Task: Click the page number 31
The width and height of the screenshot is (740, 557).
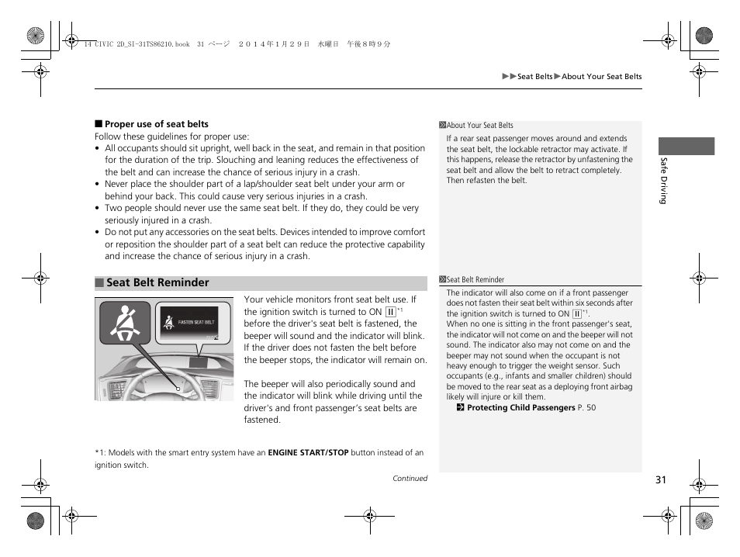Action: coord(660,479)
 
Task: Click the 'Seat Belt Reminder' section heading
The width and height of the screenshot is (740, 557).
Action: coord(157,283)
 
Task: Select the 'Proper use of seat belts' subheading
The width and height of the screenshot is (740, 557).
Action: coord(156,124)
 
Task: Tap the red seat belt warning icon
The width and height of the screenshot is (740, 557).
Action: coord(124,323)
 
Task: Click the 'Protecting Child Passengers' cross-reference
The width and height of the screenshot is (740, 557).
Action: coord(520,407)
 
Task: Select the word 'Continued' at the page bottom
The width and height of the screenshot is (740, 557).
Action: coord(410,479)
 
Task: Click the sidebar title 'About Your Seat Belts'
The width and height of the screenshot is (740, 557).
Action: coord(479,126)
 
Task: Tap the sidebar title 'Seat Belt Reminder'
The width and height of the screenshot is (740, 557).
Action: coord(475,280)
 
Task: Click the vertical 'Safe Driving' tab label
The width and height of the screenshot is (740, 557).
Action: coord(663,180)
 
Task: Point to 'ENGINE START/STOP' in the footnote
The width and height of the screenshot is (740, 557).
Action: coord(308,453)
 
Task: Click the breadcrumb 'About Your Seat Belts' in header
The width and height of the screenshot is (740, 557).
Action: coord(601,77)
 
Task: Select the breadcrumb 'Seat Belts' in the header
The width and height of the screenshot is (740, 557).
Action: coord(534,77)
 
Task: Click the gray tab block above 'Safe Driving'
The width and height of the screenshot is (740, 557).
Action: coord(686,146)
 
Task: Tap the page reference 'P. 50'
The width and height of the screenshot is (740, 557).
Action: coord(587,407)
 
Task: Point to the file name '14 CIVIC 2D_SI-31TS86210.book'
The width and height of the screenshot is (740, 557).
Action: coord(136,45)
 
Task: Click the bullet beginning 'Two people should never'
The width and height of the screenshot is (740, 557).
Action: coord(261,209)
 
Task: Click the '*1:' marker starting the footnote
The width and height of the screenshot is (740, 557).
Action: coord(101,453)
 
